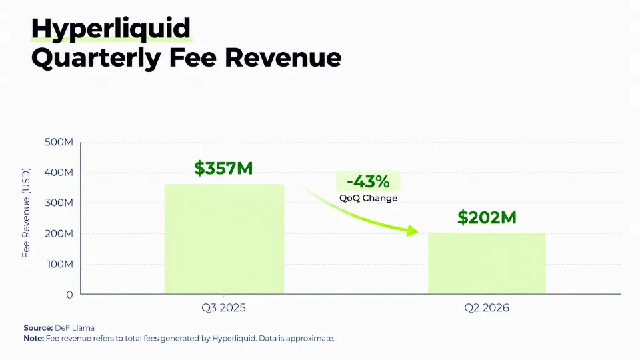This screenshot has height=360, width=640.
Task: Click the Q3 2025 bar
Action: coord(224,239)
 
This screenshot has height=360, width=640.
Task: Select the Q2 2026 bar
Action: coord(487,263)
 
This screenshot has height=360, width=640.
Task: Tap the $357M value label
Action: coord(223,168)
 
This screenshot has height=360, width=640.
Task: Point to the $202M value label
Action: coord(487,217)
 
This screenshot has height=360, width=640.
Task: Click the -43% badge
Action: coord(368,181)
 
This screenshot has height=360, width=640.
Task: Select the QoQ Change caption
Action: coord(368,198)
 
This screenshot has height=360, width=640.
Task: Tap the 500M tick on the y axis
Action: coord(59,142)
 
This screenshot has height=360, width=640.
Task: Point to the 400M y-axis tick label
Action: coord(59,172)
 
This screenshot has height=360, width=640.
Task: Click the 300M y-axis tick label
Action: coord(59,203)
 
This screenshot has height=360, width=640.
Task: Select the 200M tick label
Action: coord(59,233)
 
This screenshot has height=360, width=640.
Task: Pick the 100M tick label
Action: coord(60,264)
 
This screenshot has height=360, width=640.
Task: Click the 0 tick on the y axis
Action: coord(69,295)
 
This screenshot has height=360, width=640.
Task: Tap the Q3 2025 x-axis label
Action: coord(224,308)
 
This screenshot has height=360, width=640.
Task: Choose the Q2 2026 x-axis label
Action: coord(487,308)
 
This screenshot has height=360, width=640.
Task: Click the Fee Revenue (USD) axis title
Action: coord(26,213)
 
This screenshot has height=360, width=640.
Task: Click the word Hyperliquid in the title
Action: coord(111,29)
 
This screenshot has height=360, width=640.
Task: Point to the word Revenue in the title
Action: coord(283,57)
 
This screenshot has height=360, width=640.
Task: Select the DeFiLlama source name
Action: coord(75,328)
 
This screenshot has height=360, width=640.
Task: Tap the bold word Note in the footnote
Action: coord(33,339)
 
